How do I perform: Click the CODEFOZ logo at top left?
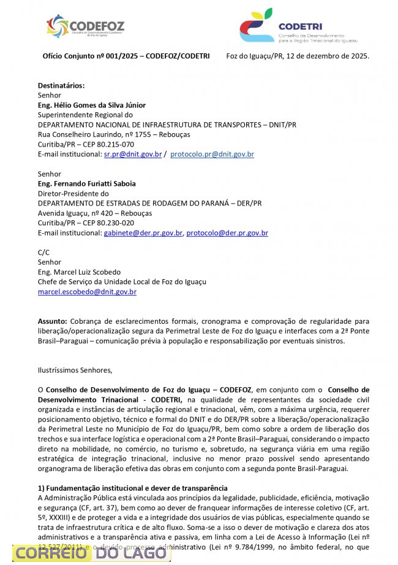coord(86,26)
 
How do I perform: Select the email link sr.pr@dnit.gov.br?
coord(133,154)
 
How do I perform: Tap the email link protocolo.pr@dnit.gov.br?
coord(212,154)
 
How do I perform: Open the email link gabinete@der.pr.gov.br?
coord(143,233)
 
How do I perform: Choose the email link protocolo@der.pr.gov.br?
coord(227,233)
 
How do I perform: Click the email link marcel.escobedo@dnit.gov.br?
coord(87,292)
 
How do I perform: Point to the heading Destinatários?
coord(61,85)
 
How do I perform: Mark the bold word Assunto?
coord(53,321)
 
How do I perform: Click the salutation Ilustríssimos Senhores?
coord(75,370)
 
